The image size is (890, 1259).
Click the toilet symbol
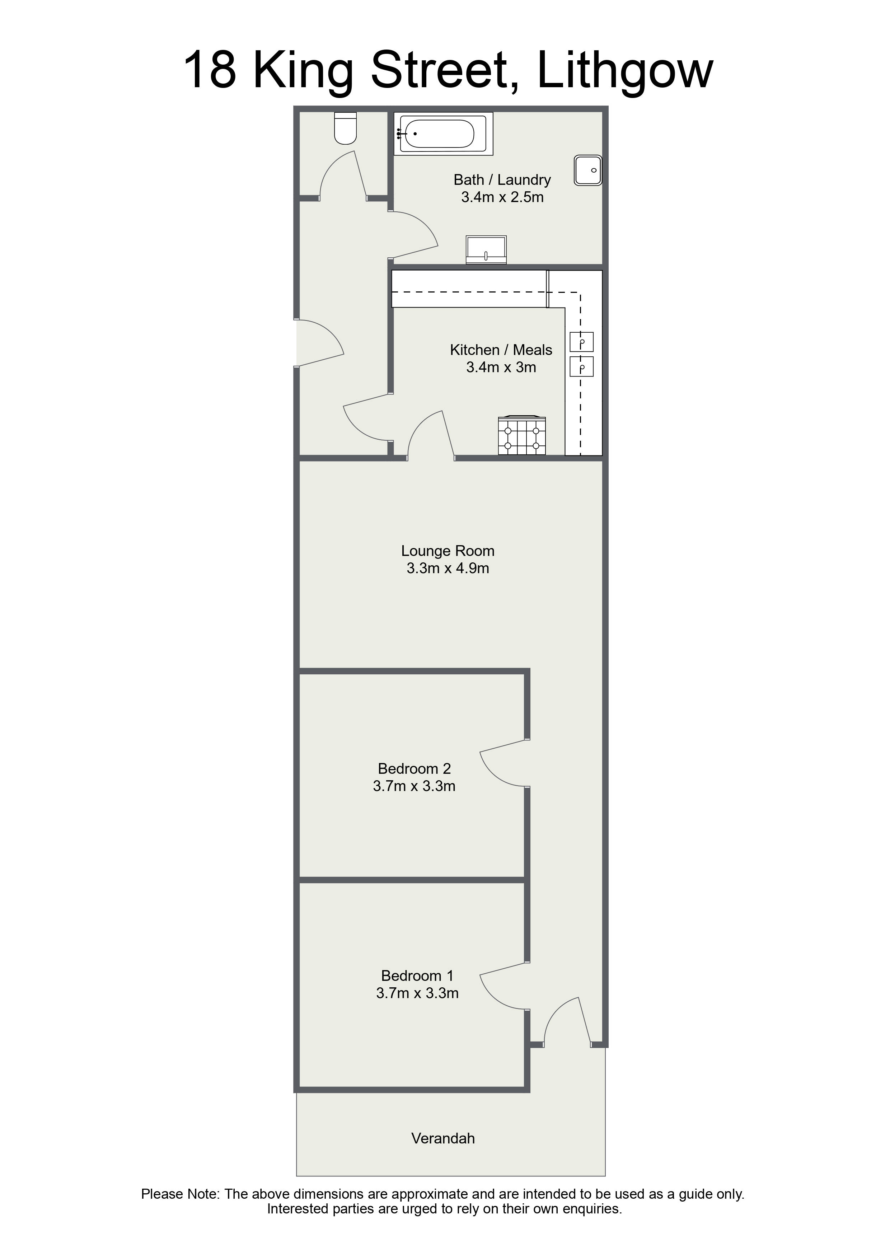(346, 128)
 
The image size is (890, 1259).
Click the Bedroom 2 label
(414, 768)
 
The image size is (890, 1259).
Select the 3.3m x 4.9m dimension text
(448, 568)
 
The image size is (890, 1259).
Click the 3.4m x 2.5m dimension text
(502, 197)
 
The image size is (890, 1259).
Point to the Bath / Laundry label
(502, 179)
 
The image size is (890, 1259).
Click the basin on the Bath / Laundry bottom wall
(486, 250)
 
